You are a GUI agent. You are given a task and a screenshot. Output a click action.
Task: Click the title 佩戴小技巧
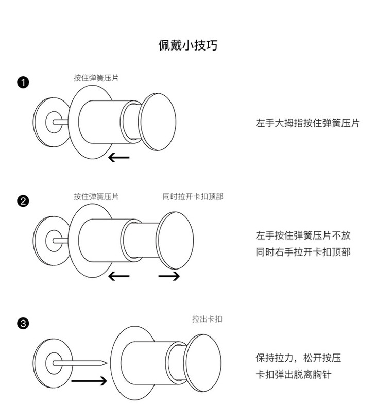tap(187, 45)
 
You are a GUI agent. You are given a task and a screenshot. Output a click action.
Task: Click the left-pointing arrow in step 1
tap(119, 157)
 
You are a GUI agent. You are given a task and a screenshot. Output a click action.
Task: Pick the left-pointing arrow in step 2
tap(119, 276)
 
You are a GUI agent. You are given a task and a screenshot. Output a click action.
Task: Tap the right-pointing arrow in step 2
tap(169, 276)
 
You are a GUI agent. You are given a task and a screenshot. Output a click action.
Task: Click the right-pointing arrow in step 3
tap(89, 381)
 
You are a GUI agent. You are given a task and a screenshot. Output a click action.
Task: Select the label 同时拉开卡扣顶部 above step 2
tap(193, 196)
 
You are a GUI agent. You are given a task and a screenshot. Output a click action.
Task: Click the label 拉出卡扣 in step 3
tap(207, 319)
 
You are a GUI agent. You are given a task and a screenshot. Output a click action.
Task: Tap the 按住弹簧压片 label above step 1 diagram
tap(96, 78)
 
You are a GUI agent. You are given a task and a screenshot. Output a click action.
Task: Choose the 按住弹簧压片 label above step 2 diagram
tap(96, 196)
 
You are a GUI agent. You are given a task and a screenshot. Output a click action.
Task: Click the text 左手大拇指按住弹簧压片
tap(307, 123)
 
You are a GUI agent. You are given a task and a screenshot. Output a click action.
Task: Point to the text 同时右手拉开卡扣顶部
tap(303, 252)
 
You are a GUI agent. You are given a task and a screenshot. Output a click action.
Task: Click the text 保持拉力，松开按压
tap(298, 358)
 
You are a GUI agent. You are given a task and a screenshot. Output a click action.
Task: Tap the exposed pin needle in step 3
tap(85, 362)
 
